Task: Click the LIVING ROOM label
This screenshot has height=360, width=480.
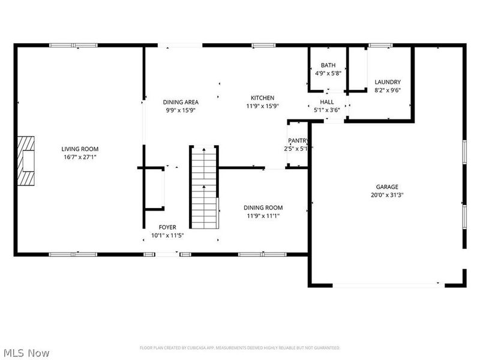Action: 80,149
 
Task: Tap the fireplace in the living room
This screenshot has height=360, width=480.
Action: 26,161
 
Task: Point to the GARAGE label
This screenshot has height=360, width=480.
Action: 387,187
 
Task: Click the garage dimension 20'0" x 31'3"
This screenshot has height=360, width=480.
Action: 387,195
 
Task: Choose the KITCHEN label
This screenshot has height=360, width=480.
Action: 262,98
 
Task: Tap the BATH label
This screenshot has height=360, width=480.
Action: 328,65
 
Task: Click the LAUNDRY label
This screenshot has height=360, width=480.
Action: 387,82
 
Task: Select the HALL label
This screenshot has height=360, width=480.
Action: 327,103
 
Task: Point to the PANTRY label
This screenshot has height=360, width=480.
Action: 298,141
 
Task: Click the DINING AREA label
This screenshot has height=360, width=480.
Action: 181,102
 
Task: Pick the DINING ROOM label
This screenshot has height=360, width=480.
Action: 263,208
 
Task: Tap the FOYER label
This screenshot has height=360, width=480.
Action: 167,227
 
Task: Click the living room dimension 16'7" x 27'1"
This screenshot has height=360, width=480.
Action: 80,157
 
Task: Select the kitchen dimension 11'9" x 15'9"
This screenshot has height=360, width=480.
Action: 262,106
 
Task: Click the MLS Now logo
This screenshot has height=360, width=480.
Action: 26,353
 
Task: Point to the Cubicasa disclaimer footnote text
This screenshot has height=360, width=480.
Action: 240,347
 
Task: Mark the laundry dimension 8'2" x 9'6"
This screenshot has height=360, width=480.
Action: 387,91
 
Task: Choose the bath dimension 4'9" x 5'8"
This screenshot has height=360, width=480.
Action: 328,74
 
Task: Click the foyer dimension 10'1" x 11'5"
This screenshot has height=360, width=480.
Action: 167,235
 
